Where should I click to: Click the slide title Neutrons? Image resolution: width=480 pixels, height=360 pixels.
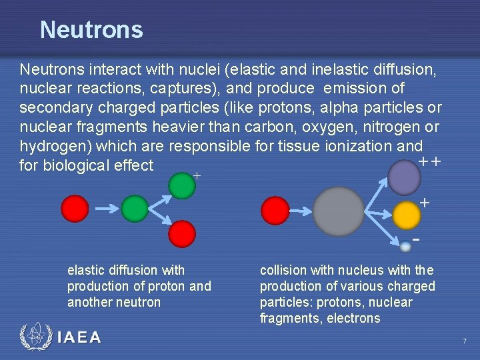pyautogui.click(x=91, y=30)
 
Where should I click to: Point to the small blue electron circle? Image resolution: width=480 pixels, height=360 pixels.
pyautogui.click(x=405, y=247)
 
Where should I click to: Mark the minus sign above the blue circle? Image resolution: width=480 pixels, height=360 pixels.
pyautogui.click(x=416, y=239)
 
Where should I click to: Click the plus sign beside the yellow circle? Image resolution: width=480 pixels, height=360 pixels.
pyautogui.click(x=425, y=202)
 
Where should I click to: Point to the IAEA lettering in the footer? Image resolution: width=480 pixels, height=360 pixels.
pyautogui.click(x=79, y=337)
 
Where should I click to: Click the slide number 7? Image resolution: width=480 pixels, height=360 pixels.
pyautogui.click(x=465, y=341)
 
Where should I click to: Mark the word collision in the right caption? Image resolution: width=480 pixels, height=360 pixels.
pyautogui.click(x=283, y=270)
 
